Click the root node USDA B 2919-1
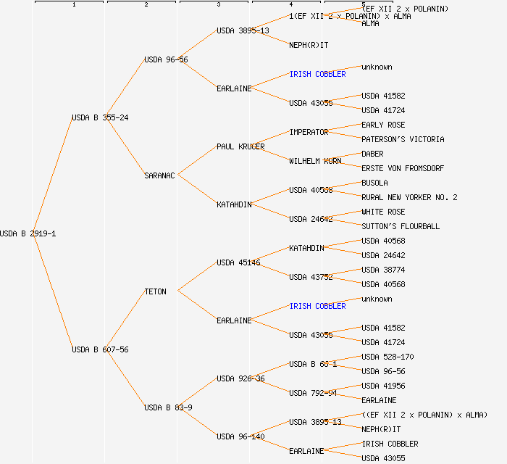pyautogui.click(x=28, y=233)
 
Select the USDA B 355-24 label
pyautogui.click(x=100, y=117)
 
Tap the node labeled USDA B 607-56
pyautogui.click(x=100, y=349)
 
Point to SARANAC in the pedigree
pyautogui.click(x=159, y=175)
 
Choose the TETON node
pyautogui.click(x=155, y=291)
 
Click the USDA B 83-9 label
pyautogui.click(x=168, y=407)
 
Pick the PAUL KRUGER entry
pyautogui.click(x=240, y=146)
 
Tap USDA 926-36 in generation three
pyautogui.click(x=240, y=378)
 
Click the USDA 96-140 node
pyautogui.click(x=240, y=436)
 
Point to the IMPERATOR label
pyautogui.click(x=309, y=132)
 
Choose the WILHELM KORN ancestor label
pyautogui.click(x=315, y=161)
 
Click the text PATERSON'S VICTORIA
pyautogui.click(x=403, y=139)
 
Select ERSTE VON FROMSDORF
pyautogui.click(x=402, y=168)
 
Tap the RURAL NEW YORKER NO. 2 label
pyautogui.click(x=409, y=197)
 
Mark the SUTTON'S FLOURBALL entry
pyautogui.click(x=401, y=226)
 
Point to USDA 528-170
pyautogui.click(x=387, y=357)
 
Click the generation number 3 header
pyautogui.click(x=218, y=5)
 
